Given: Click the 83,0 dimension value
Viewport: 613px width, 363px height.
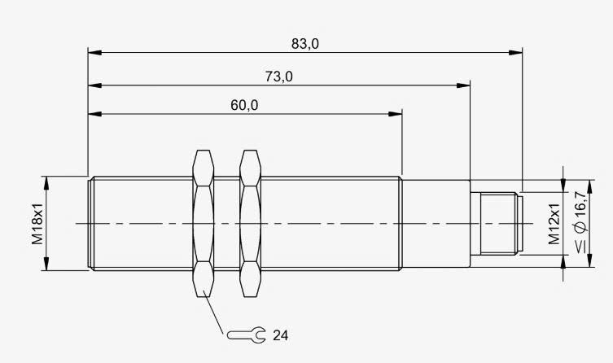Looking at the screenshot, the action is pyautogui.click(x=305, y=44).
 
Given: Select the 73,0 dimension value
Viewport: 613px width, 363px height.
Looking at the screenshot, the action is pyautogui.click(x=278, y=77).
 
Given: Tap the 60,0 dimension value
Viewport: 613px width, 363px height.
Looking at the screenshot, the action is pyautogui.click(x=244, y=105).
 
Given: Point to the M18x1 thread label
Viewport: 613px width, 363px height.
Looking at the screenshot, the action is pyautogui.click(x=37, y=224).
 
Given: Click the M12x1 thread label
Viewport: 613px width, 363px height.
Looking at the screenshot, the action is pyautogui.click(x=554, y=224).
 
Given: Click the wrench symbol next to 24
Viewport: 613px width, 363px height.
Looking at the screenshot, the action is pyautogui.click(x=247, y=335).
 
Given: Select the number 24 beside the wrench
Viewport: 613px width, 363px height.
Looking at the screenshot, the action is pyautogui.click(x=280, y=335).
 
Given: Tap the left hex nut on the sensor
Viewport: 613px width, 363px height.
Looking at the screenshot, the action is pyautogui.click(x=204, y=224).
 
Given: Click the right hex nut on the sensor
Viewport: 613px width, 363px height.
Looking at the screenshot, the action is pyautogui.click(x=250, y=224).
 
